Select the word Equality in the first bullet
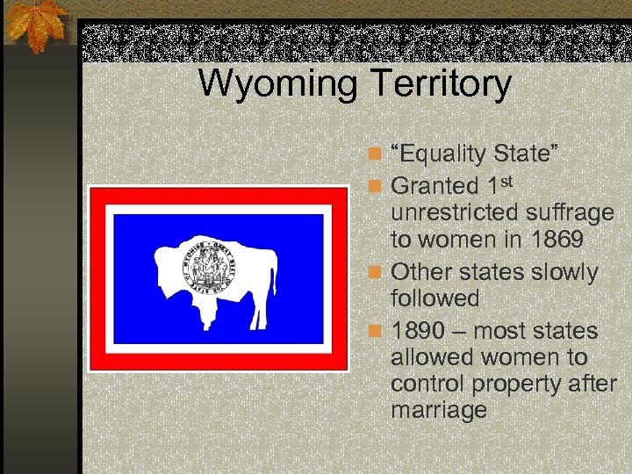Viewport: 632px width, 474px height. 444,155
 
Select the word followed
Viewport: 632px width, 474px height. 435,298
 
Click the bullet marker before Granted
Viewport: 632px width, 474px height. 375,186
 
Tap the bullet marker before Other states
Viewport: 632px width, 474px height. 375,272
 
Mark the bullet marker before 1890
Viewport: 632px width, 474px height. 375,332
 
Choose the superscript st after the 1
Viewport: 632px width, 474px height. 516,180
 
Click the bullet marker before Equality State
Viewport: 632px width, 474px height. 375,155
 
